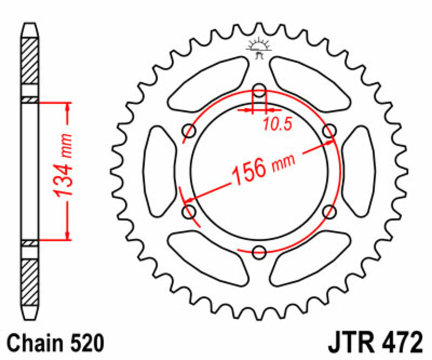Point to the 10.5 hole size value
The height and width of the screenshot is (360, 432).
(x=277, y=124)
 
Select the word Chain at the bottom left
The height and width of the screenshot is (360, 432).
(x=36, y=343)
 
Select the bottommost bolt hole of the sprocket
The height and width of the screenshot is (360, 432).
(x=259, y=251)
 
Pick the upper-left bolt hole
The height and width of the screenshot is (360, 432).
(x=190, y=130)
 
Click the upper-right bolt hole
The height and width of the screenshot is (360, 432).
(x=329, y=130)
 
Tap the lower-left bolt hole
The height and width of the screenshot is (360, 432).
(x=190, y=211)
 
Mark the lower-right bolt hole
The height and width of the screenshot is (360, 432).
(x=329, y=211)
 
